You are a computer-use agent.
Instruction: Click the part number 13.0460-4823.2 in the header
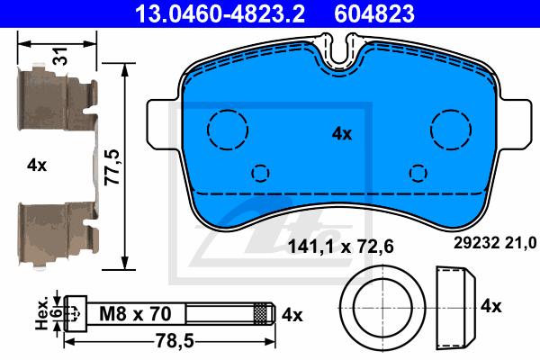[x=220, y=13]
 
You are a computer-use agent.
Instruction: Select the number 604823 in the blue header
[x=374, y=13]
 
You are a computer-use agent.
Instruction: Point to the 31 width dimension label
[x=61, y=56]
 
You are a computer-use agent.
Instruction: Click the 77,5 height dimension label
[x=112, y=166]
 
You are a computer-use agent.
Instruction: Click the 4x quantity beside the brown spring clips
[x=37, y=166]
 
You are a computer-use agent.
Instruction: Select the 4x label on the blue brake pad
[x=342, y=133]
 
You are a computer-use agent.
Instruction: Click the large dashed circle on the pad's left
[x=228, y=110]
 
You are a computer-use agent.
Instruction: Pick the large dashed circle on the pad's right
[x=451, y=110]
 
